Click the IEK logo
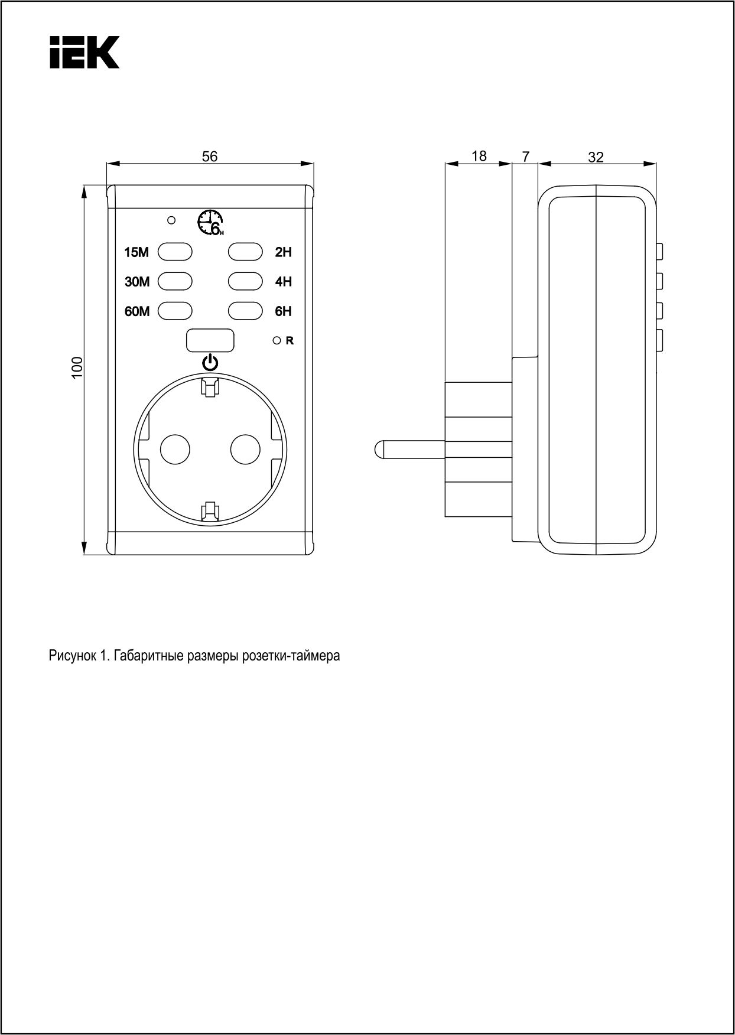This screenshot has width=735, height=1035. pyautogui.click(x=84, y=52)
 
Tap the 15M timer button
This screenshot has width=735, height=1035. pyautogui.click(x=175, y=252)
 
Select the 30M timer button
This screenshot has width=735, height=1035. pyautogui.click(x=175, y=281)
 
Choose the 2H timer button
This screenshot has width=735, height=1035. pyautogui.click(x=245, y=252)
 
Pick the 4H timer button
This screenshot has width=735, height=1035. pyautogui.click(x=245, y=281)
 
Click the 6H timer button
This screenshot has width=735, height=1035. pyautogui.click(x=245, y=311)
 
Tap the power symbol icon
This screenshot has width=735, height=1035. pyautogui.click(x=210, y=362)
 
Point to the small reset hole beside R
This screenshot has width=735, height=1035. pyautogui.click(x=276, y=340)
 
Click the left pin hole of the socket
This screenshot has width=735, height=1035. pyautogui.click(x=175, y=450)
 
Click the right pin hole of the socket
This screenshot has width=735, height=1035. pyautogui.click(x=245, y=450)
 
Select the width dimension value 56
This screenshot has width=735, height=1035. pyautogui.click(x=210, y=157)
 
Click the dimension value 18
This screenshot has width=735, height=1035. pyautogui.click(x=479, y=156)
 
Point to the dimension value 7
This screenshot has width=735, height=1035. pyautogui.click(x=526, y=157)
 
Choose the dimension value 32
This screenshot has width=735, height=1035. pyautogui.click(x=596, y=157)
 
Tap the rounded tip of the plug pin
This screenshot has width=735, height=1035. pyautogui.click(x=378, y=450)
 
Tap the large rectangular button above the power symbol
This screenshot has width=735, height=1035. pyautogui.click(x=210, y=340)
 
